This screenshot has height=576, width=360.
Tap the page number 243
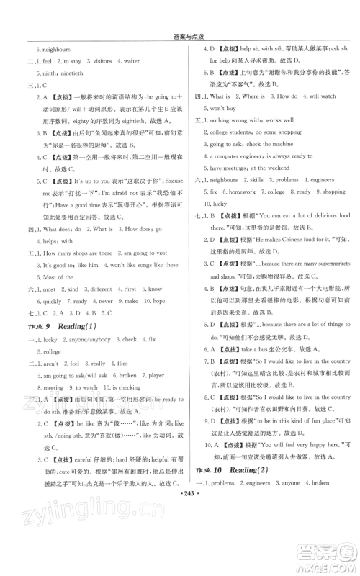(x=179, y=517)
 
